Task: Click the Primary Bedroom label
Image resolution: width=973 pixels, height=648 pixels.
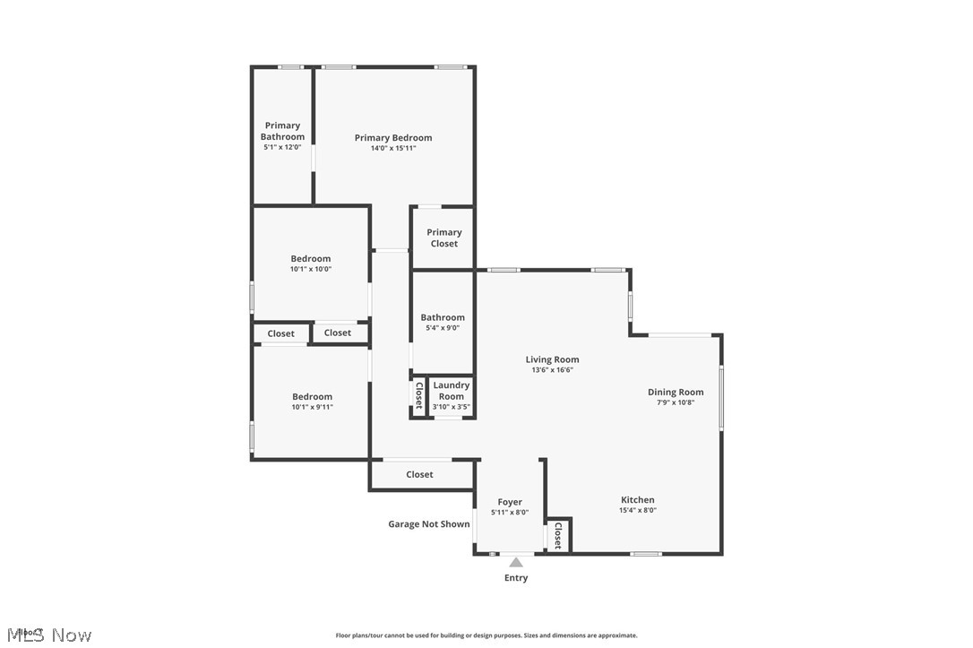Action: (393, 138)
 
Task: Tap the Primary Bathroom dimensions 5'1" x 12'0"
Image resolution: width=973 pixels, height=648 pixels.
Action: (282, 148)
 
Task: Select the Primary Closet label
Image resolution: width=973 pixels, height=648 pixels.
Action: (443, 238)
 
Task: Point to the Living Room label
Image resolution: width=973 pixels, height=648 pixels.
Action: (552, 359)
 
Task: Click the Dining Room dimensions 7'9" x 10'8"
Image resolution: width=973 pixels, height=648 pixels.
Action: (676, 402)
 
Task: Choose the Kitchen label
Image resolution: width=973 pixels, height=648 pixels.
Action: (638, 500)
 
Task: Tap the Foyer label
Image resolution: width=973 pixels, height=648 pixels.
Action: (510, 502)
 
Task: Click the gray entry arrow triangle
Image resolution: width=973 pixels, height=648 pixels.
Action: (516, 563)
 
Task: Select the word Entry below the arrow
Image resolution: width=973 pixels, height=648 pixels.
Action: (516, 578)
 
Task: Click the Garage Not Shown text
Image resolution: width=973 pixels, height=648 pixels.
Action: (428, 524)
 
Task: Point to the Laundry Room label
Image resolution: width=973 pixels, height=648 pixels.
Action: (452, 391)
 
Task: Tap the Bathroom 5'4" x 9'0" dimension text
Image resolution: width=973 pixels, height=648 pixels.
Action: (443, 328)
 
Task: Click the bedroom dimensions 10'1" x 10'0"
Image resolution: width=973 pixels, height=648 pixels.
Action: (310, 269)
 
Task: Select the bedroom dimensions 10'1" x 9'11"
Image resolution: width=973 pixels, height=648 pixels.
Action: (312, 407)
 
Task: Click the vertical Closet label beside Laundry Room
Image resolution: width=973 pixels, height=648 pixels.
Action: (418, 395)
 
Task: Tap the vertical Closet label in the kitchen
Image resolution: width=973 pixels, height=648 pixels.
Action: (557, 536)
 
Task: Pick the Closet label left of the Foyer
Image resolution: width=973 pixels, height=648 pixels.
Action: (419, 474)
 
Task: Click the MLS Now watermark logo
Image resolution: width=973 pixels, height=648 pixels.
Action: (47, 635)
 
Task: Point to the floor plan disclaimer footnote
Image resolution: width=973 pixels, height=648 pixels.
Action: (486, 635)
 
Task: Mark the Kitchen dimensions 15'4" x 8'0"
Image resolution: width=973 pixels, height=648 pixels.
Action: (638, 511)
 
